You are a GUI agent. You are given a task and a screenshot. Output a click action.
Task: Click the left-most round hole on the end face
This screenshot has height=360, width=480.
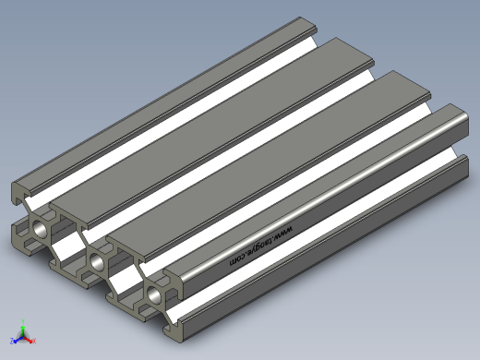[x=40, y=229]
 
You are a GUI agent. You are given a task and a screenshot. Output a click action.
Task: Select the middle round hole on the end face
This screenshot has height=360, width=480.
[x=97, y=261]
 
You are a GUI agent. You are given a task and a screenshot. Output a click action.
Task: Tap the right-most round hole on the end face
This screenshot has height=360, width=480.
[x=154, y=294]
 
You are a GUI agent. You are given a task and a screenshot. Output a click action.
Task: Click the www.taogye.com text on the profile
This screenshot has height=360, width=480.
[x=261, y=246]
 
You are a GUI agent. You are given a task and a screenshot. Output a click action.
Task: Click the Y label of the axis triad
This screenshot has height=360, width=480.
[x=23, y=322]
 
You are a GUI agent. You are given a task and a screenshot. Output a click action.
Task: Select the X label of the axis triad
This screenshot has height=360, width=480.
[x=34, y=341]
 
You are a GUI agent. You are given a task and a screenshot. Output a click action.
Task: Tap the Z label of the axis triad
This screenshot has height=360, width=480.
[x=12, y=341]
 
